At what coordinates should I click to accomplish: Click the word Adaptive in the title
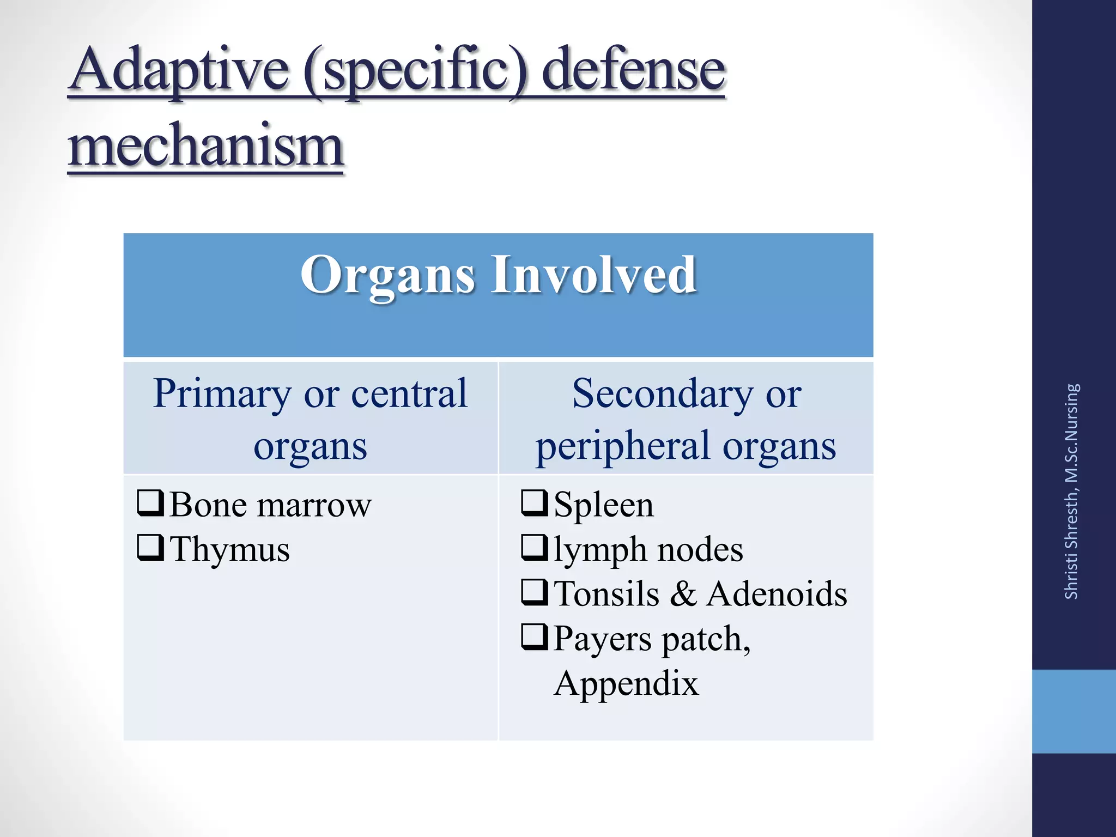(x=180, y=71)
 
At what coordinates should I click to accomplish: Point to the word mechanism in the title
(x=205, y=146)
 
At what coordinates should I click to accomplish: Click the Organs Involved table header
(x=498, y=275)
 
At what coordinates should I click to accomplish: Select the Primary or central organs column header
(x=311, y=418)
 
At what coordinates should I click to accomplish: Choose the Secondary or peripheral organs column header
(x=686, y=418)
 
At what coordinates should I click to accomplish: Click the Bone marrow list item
(x=270, y=505)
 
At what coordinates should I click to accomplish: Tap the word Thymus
(x=229, y=549)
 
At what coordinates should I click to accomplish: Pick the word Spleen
(x=603, y=505)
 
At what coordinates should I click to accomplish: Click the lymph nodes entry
(x=648, y=549)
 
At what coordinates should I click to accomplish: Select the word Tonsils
(x=606, y=593)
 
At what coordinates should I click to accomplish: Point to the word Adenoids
(x=777, y=593)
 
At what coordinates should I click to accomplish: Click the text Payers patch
(x=652, y=638)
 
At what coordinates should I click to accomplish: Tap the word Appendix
(x=626, y=683)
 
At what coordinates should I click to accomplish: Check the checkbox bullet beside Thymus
(x=150, y=548)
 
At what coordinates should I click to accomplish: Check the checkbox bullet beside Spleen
(x=535, y=503)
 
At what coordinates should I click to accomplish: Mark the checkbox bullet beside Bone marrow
(x=150, y=503)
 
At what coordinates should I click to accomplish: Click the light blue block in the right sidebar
(x=1073, y=711)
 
